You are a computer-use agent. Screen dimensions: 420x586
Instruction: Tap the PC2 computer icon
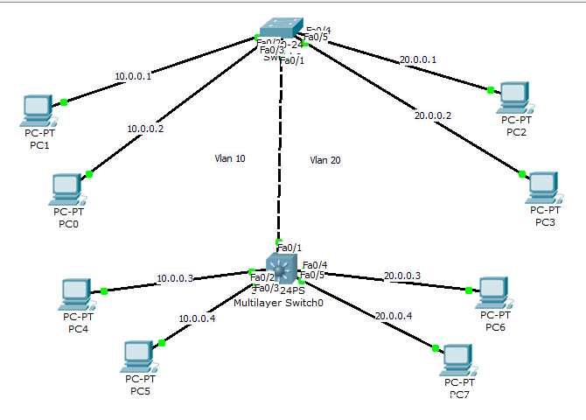click(x=514, y=96)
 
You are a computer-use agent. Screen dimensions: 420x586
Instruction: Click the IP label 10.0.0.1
click(x=133, y=76)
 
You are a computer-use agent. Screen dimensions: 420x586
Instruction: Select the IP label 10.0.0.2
click(x=145, y=129)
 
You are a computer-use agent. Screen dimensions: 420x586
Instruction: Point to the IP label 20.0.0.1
click(x=417, y=60)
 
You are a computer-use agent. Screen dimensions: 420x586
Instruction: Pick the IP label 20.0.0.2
click(x=433, y=115)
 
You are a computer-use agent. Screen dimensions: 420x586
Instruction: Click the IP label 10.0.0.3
click(x=175, y=278)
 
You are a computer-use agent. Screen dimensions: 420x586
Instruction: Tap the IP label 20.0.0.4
click(x=393, y=315)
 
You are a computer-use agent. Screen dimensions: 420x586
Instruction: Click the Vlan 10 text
click(x=230, y=158)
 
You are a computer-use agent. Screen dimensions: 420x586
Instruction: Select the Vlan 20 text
click(x=325, y=159)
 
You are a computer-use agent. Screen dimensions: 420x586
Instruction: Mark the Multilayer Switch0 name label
click(x=278, y=302)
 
